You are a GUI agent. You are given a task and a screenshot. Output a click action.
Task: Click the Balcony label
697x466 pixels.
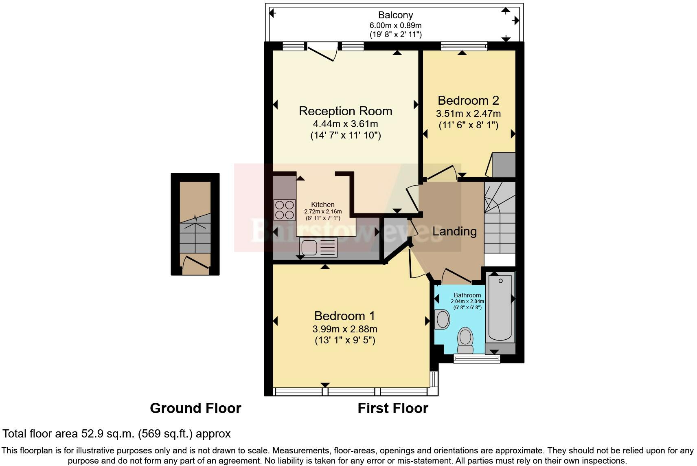(395, 15)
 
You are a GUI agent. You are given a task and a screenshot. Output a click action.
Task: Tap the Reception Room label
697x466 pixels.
(345, 111)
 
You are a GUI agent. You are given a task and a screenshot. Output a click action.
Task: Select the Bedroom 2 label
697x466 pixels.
(468, 100)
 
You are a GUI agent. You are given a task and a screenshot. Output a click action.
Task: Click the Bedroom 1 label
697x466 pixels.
(344, 316)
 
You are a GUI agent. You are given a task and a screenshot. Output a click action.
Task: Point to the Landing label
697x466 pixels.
(454, 231)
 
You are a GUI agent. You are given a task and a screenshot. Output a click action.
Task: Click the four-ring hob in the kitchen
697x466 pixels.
(285, 209)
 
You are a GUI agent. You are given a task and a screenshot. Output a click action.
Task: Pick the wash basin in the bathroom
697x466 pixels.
(442, 319)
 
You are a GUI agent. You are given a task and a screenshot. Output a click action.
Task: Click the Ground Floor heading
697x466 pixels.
(195, 408)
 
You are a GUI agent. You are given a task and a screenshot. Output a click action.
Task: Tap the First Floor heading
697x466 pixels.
(392, 408)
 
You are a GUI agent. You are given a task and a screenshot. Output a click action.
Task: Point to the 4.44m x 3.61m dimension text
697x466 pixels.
(345, 124)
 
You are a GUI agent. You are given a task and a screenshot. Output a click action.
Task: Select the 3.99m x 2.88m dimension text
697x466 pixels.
(344, 329)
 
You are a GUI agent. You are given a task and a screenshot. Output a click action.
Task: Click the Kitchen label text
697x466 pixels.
(323, 204)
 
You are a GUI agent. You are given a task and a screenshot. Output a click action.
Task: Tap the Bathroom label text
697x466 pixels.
(467, 295)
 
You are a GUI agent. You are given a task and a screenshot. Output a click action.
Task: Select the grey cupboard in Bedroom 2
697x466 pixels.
(504, 165)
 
